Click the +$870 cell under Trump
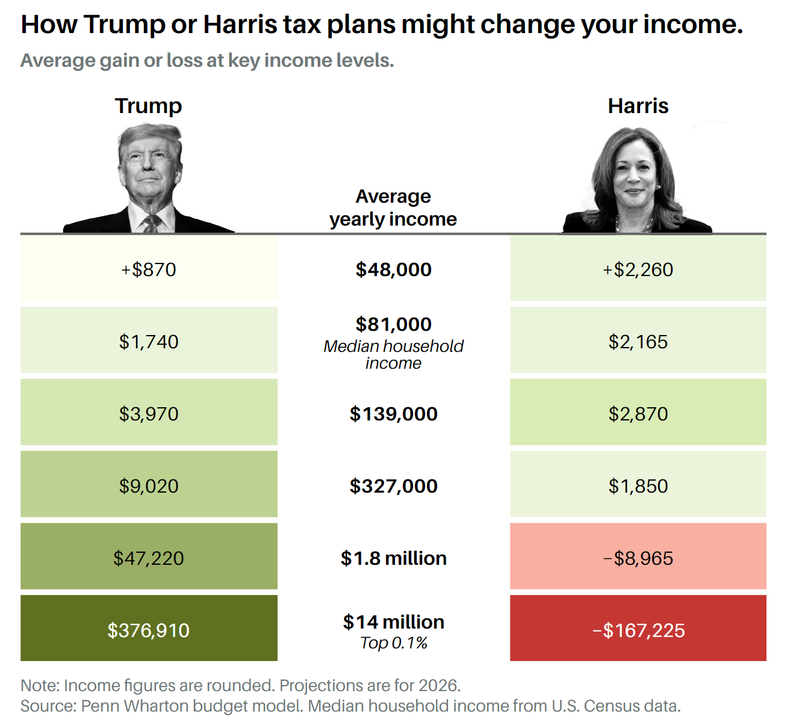click(149, 269)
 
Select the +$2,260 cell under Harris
click(638, 269)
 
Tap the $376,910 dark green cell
click(149, 630)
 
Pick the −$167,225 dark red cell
click(638, 630)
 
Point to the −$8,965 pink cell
click(638, 558)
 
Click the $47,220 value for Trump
click(149, 558)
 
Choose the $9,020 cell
click(149, 485)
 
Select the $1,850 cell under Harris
click(638, 485)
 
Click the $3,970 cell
click(149, 413)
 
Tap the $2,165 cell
click(638, 341)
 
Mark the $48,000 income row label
click(393, 269)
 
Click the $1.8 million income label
click(393, 558)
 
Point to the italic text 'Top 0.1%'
click(393, 643)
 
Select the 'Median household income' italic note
click(393, 354)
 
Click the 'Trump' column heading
click(148, 106)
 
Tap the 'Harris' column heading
click(638, 106)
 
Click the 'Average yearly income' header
click(393, 208)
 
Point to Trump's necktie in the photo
click(151, 224)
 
